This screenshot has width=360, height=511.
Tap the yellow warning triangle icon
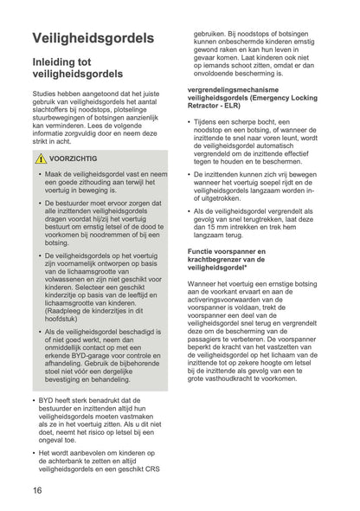point(41,159)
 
